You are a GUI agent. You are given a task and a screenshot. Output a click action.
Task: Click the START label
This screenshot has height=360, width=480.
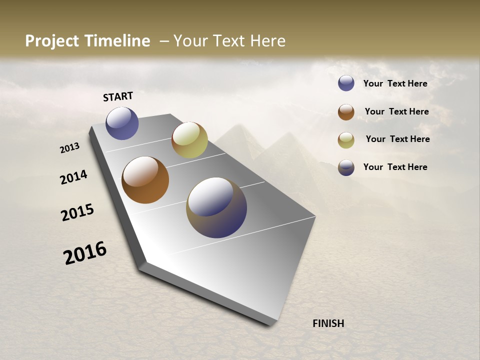(x=118, y=96)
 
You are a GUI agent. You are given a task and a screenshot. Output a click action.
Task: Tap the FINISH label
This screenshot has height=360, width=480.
(x=328, y=323)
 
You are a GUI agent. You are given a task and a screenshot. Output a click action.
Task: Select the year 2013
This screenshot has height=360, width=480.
(x=70, y=147)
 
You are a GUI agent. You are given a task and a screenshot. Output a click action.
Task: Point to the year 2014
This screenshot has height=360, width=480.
(x=74, y=177)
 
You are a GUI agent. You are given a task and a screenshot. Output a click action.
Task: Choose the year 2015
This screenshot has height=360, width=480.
(x=77, y=212)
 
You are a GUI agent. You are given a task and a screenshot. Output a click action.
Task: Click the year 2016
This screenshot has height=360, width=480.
(x=85, y=252)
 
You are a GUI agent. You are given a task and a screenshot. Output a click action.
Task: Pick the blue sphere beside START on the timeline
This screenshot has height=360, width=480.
(x=122, y=123)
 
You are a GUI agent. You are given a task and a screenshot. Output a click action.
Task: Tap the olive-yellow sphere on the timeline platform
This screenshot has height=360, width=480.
(x=189, y=140)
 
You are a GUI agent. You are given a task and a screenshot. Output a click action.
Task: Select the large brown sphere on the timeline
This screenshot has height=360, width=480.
(x=145, y=180)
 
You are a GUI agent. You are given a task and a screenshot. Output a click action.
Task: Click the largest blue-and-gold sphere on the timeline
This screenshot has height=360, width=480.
(x=216, y=207)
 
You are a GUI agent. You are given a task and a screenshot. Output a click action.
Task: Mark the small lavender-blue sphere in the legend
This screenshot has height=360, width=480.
(x=346, y=83)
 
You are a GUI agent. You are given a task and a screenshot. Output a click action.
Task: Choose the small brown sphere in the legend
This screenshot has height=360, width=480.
(x=346, y=112)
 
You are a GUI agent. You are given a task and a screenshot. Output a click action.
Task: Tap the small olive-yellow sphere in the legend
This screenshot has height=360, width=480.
(x=346, y=140)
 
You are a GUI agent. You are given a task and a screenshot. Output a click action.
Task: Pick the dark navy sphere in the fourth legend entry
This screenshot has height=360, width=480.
(x=346, y=167)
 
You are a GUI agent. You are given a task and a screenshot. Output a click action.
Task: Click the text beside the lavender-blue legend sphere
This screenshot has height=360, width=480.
(x=395, y=83)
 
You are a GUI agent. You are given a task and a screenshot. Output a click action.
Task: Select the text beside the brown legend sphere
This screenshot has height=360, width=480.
(x=396, y=111)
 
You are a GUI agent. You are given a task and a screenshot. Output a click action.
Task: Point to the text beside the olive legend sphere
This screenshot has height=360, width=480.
(x=397, y=139)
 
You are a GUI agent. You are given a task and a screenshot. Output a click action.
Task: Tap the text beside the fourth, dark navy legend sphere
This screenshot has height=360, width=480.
(x=395, y=167)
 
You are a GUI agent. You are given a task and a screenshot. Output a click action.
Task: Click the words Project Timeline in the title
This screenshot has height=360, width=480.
(x=87, y=41)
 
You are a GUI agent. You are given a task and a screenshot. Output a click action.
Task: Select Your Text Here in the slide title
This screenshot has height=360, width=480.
(x=229, y=41)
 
